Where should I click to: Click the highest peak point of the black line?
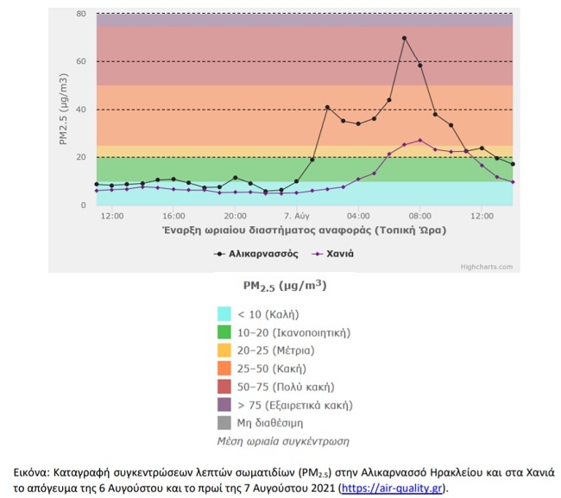pos(404,38)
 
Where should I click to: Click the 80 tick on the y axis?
pos(80,14)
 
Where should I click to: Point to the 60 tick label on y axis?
pos(80,61)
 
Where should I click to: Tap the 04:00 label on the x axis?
pos(358,215)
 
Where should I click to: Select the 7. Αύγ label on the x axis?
pos(296,215)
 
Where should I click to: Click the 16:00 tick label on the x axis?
pos(173,215)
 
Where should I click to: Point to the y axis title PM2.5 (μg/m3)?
pos(65,109)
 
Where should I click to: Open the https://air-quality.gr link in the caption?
pos(393,488)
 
